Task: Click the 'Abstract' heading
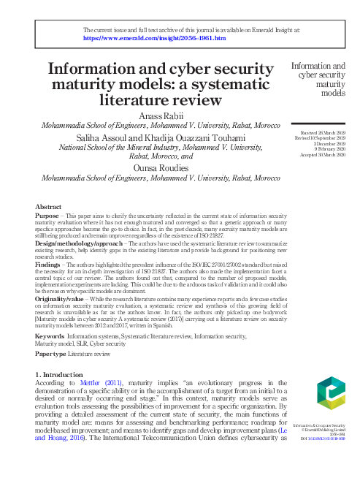click(x=48, y=207)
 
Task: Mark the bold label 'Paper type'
click(x=51, y=353)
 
